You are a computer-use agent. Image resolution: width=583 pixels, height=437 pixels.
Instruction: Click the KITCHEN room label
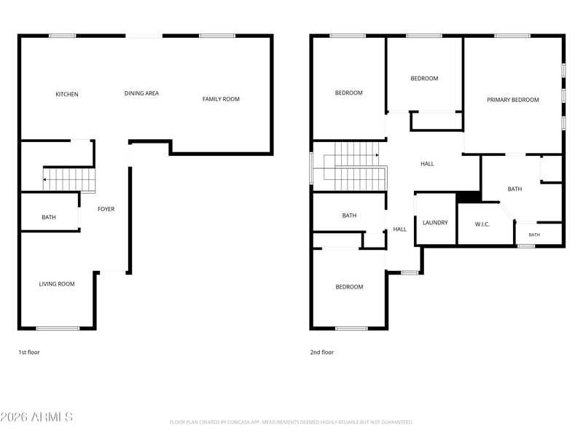tap(67, 95)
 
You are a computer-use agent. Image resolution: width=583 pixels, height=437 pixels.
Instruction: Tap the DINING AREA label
tap(141, 93)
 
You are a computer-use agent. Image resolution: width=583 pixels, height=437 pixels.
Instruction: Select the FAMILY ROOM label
tap(221, 99)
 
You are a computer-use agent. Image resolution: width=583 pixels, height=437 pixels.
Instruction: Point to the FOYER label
tap(106, 209)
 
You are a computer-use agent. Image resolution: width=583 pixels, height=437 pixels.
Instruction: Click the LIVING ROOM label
tap(57, 284)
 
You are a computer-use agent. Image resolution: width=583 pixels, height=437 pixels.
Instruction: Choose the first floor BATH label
tap(49, 217)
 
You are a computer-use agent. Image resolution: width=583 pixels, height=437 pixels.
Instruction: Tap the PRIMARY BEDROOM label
tap(513, 100)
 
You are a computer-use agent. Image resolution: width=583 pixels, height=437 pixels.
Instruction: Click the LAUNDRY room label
tap(435, 223)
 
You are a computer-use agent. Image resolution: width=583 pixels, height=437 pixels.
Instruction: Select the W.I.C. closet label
tap(482, 224)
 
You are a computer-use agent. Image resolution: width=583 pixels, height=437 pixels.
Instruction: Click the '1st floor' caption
tap(29, 353)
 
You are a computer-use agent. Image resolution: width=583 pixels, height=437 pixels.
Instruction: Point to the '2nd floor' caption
tap(322, 353)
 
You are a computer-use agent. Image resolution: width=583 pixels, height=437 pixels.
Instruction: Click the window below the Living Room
tap(58, 328)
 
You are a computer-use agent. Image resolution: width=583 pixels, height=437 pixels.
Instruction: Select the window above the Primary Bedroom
tap(512, 36)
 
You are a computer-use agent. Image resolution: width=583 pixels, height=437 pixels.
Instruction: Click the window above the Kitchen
tap(63, 36)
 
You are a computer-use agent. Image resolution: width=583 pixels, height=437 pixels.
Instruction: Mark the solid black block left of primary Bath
tap(469, 197)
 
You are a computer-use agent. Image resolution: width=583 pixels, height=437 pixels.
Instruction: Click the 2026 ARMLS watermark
tap(36, 417)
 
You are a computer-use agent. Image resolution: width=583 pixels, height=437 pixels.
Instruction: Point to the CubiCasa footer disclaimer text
tap(291, 422)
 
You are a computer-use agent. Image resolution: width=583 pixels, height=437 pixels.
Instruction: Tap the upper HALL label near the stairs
tap(427, 164)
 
